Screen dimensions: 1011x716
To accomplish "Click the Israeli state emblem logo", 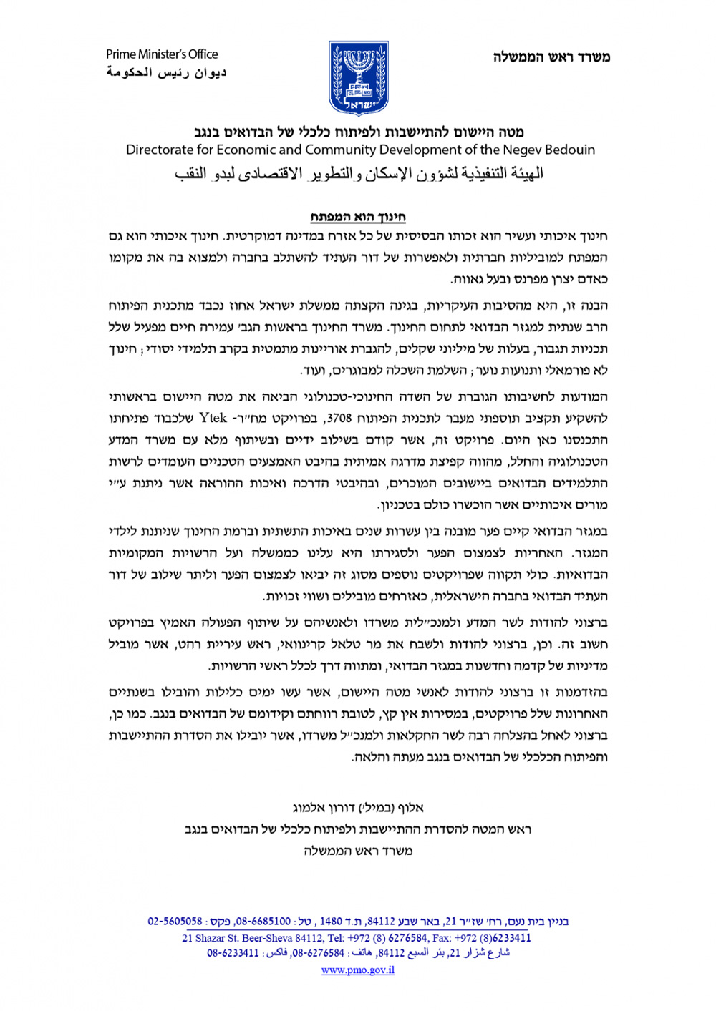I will tap(358, 78).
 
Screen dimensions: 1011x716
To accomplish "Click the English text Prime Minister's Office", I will tap(162, 54).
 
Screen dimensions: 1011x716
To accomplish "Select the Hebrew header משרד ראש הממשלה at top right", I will tap(551, 57).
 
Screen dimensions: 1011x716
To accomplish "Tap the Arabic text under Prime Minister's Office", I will tap(166, 72).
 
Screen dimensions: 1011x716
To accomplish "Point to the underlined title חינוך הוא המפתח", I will tap(358, 217).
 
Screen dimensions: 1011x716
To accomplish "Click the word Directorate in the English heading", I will tap(160, 150).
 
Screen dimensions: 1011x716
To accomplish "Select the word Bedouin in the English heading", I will tap(570, 150).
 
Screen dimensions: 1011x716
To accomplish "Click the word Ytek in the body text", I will tap(213, 418).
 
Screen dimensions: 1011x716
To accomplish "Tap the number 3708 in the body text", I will tap(339, 419).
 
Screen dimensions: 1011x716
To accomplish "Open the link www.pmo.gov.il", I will tap(358, 970).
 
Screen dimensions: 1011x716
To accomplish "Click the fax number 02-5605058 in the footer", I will tap(175, 922).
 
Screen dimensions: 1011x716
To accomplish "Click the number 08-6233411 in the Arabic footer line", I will tap(233, 953).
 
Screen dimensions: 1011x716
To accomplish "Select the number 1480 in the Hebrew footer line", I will tap(331, 922).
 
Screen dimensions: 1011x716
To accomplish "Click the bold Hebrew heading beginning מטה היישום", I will tap(358, 132).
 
